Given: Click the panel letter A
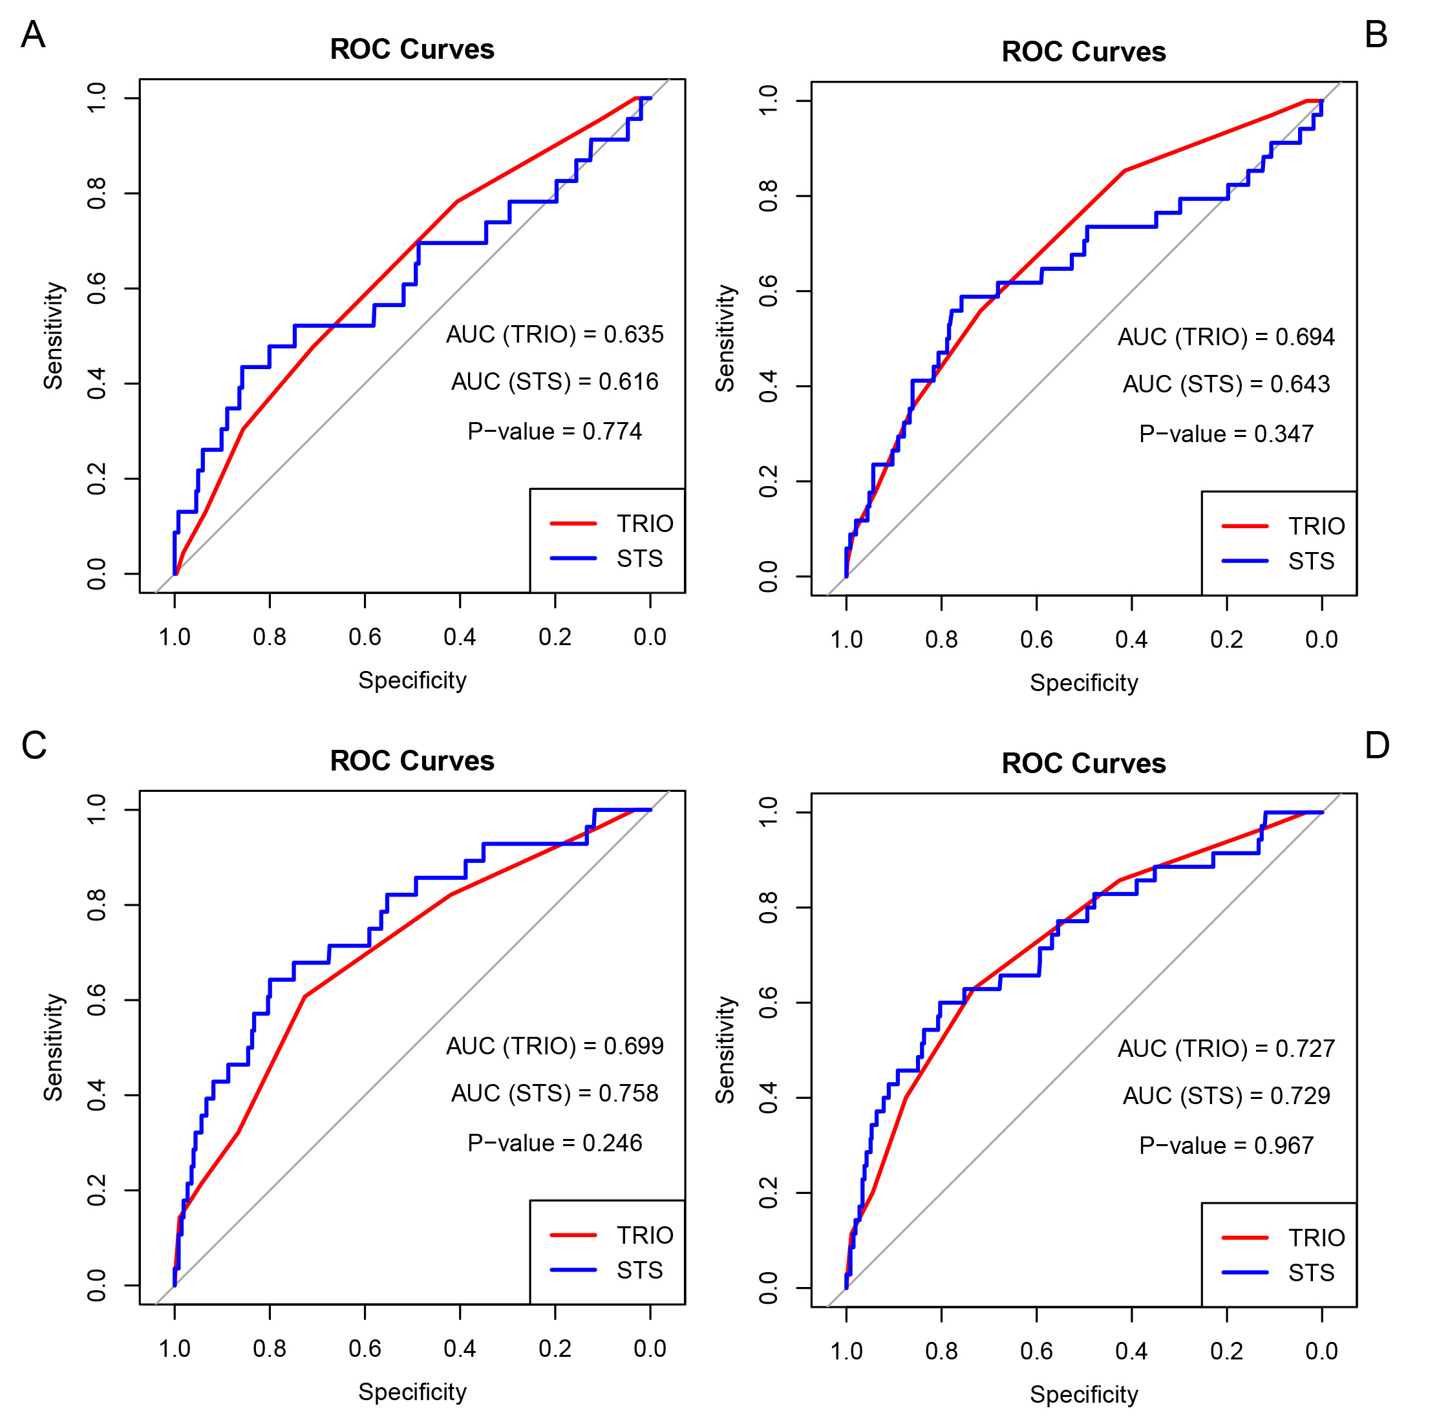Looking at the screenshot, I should (33, 35).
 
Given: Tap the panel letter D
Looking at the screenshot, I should (1377, 745).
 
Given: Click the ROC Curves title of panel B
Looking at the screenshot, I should (1083, 52).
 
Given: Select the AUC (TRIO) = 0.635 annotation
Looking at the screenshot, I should (554, 334).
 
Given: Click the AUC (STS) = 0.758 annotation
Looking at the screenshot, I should (554, 1093).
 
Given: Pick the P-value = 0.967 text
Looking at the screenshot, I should (1226, 1145).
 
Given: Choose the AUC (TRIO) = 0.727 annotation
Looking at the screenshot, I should (1226, 1048).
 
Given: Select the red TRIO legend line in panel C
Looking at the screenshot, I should (573, 1235).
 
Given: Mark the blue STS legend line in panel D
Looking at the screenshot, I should (1244, 1273).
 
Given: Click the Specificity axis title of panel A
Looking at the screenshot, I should (412, 681).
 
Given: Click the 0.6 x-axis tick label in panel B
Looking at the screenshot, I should (1036, 640).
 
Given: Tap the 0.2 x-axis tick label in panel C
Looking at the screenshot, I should (554, 1348).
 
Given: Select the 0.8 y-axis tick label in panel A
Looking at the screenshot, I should (97, 194).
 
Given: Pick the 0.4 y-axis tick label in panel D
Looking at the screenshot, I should (769, 1098).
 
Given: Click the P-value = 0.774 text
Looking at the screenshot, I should (554, 432).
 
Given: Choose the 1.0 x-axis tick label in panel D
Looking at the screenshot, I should (846, 1351).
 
